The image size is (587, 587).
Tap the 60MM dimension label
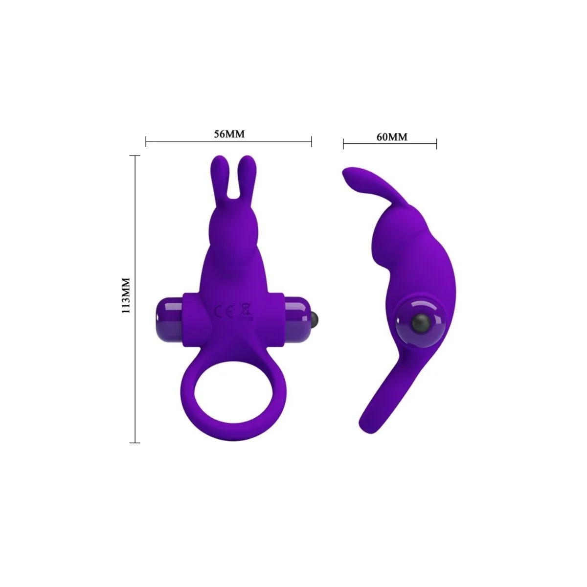(391, 137)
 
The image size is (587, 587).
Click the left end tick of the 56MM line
(146, 142)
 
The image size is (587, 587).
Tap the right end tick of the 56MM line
(312, 142)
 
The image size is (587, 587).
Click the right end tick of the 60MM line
(436, 144)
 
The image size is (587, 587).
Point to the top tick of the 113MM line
(135, 156)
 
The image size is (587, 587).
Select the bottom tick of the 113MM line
(135, 443)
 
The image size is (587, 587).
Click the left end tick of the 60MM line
(343, 144)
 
